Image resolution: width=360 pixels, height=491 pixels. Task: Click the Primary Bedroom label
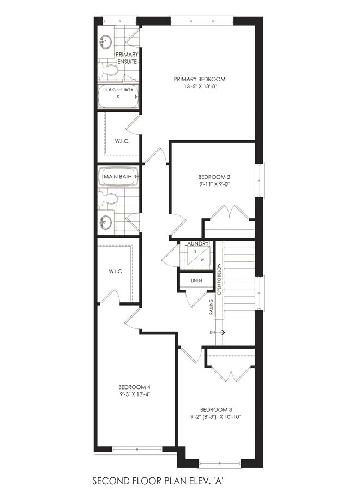coord(200,79)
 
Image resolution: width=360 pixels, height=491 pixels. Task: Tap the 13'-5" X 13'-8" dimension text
coord(200,86)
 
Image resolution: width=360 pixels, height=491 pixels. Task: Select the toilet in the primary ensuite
coord(107,70)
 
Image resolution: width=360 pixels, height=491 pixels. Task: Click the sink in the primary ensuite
coord(105,41)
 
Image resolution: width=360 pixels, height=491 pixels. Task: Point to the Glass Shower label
coord(118,89)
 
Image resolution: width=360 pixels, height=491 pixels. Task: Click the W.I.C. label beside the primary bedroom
coord(122,141)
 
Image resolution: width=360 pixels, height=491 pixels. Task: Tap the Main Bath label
coord(118,177)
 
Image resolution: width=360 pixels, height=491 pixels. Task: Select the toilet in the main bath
coord(108,199)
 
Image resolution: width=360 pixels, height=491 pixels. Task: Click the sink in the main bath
coord(105,223)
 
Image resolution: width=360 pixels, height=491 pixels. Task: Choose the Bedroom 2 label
coord(214,177)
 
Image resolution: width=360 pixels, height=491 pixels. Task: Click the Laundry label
coord(196,244)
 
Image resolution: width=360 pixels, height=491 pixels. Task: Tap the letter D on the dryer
coord(194,252)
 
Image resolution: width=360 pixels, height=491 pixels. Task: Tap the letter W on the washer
coord(202,260)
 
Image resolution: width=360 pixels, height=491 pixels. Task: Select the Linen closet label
coord(196,280)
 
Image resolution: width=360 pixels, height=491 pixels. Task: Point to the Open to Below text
coord(219,279)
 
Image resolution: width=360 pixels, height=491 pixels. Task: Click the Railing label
coord(212,307)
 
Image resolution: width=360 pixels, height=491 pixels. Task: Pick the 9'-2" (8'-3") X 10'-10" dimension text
coord(216,417)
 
